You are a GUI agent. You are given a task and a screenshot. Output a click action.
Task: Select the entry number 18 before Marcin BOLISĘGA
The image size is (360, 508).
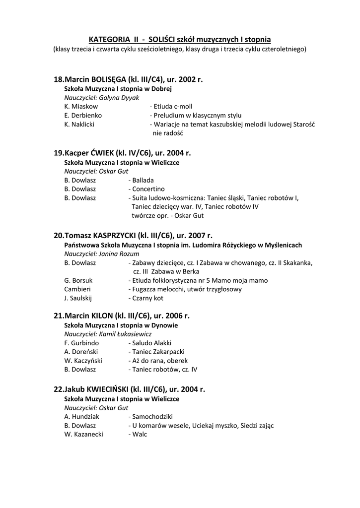coord(59,79)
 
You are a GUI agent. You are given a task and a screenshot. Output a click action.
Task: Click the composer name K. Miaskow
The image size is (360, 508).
coord(81,107)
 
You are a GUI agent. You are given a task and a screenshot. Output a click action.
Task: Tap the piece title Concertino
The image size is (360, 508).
coord(148,189)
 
